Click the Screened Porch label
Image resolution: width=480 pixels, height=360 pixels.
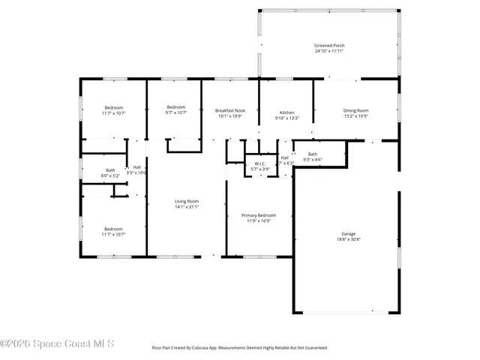(x=330, y=46)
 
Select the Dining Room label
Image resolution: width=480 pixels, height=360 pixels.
(x=356, y=110)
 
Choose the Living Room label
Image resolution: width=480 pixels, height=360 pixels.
(x=187, y=201)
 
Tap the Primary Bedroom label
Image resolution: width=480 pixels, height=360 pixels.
(x=259, y=215)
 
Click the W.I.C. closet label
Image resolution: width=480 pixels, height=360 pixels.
(x=260, y=163)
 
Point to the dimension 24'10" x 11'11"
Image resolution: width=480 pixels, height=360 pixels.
(x=330, y=52)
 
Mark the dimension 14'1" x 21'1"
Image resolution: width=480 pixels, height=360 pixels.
(x=187, y=207)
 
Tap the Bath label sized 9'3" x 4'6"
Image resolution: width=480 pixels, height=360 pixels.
(x=312, y=154)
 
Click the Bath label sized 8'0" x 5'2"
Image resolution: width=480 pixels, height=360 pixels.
(x=110, y=169)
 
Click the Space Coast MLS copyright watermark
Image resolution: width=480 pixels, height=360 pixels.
(x=57, y=344)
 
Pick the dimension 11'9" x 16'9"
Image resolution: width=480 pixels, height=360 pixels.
(x=259, y=221)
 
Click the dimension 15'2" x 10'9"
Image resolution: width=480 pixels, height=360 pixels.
(x=356, y=116)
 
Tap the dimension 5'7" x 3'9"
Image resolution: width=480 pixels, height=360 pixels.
(x=260, y=169)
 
